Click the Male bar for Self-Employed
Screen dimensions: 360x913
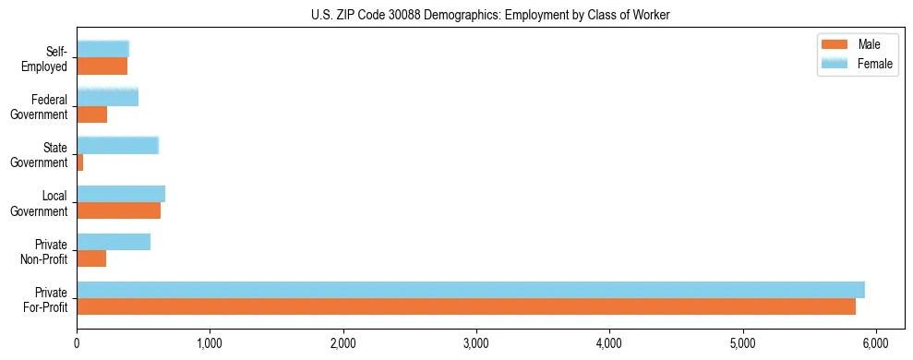pyautogui.click(x=102, y=66)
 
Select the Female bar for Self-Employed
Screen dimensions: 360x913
pyautogui.click(x=102, y=49)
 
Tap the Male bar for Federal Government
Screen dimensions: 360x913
pyautogui.click(x=91, y=114)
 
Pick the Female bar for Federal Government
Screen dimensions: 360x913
pyautogui.click(x=107, y=97)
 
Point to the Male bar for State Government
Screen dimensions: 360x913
pyautogui.click(x=80, y=162)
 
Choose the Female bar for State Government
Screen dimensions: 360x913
pyautogui.click(x=117, y=145)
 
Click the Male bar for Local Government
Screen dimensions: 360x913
pyautogui.click(x=118, y=210)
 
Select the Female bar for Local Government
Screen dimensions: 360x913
pyautogui.click(x=121, y=193)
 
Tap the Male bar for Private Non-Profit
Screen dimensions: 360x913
pyautogui.click(x=91, y=258)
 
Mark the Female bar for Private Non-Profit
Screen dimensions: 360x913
pyautogui.click(x=114, y=242)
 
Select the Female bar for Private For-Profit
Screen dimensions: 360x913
pyautogui.click(x=471, y=290)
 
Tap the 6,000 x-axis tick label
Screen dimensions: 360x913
pyautogui.click(x=876, y=343)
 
